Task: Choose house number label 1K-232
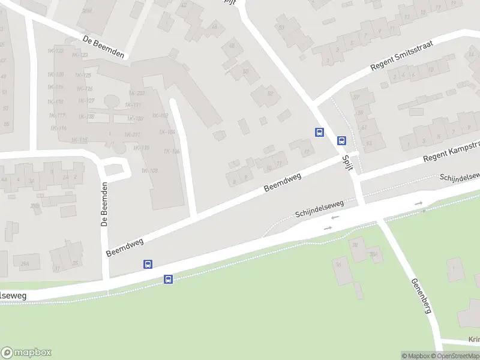coord(137,93)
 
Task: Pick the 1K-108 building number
coord(149,171)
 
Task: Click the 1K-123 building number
coord(80,55)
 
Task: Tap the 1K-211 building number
coord(133,134)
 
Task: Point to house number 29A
coord(25,263)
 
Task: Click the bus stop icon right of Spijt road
coord(341,141)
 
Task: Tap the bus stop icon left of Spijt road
coord(319,132)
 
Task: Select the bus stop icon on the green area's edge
coord(169,279)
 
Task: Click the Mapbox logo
coord(26,352)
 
